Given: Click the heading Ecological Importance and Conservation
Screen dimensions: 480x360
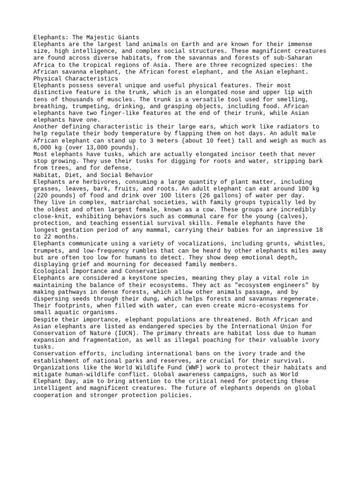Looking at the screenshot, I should pyautogui.click(x=100, y=271).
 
